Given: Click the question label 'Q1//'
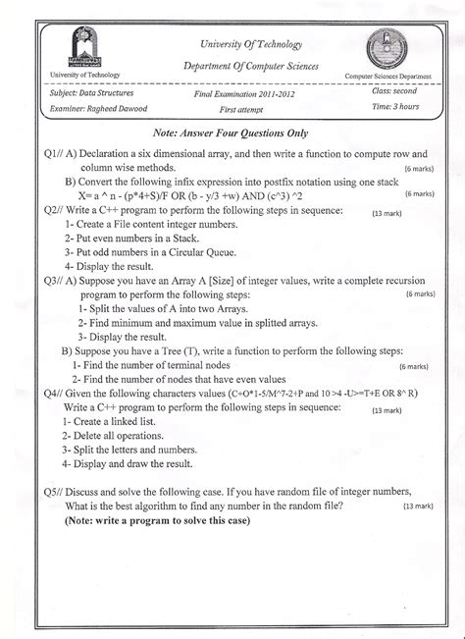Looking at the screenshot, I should click(45, 155).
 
